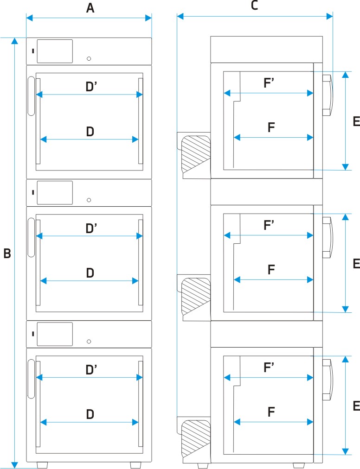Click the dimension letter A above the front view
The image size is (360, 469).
tap(90, 8)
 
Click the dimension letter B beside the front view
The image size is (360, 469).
tap(7, 254)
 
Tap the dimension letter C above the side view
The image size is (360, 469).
tap(254, 5)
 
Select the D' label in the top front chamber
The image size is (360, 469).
tap(91, 87)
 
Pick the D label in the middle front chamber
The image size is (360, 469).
tap(90, 273)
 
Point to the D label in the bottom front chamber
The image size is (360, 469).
tap(90, 414)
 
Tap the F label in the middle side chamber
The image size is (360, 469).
tap(271, 270)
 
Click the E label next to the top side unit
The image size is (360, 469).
tap(356, 121)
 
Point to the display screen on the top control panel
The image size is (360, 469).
tap(55, 51)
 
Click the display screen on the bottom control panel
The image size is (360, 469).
tap(55, 334)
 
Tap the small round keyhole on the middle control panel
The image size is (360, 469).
tap(89, 200)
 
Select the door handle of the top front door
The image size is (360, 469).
tap(31, 96)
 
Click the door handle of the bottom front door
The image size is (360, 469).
tap(31, 379)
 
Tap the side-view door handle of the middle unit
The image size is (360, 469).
tap(328, 237)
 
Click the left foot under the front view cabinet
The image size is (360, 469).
tap(42, 465)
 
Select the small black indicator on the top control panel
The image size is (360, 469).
tap(33, 51)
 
